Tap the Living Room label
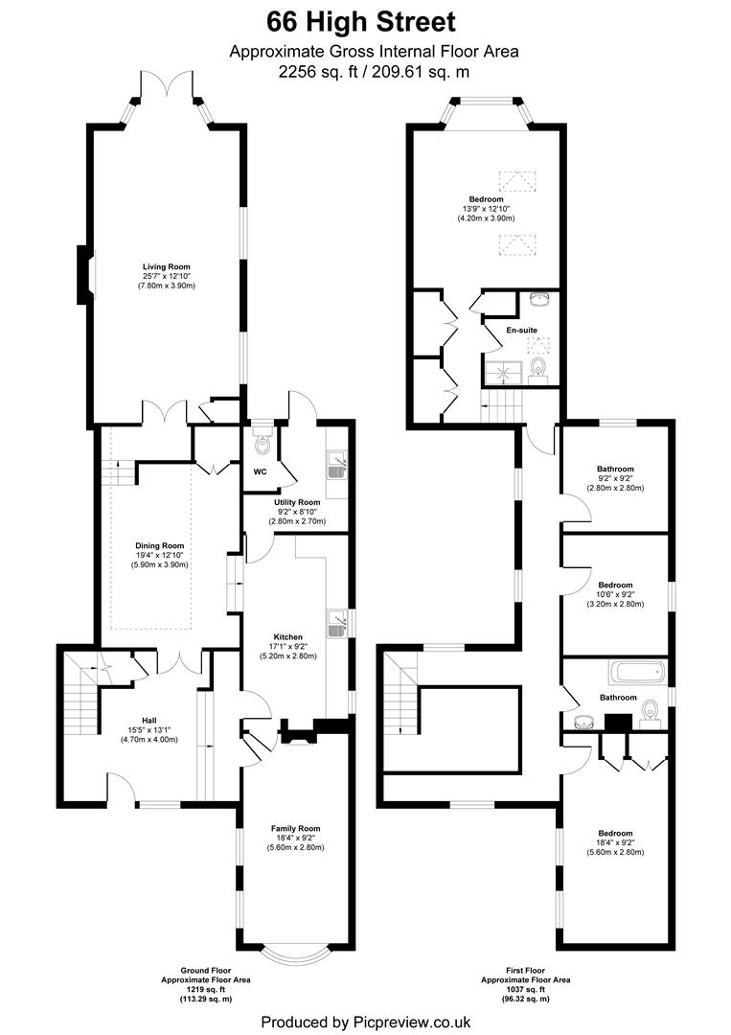pos(167,266)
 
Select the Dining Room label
pos(159,545)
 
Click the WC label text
pos(260,472)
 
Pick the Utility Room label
pos(297,502)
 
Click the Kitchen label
pos(288,637)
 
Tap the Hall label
pos(148,720)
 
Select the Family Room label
pos(295,828)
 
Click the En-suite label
pos(521,331)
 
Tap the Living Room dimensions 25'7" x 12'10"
pos(167,276)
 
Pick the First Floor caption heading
pos(525,970)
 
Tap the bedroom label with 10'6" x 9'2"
pos(615,585)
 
